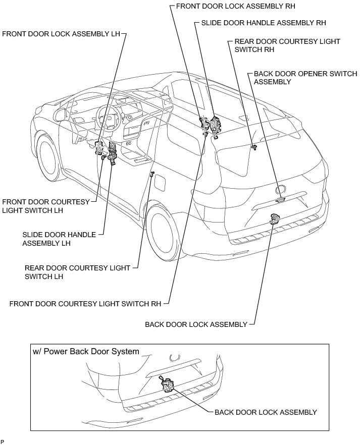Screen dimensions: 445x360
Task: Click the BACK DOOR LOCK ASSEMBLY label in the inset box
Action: coord(266,412)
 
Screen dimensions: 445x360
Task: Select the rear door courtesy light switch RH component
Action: coord(254,146)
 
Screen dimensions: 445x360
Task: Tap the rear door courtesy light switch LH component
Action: coord(152,175)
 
